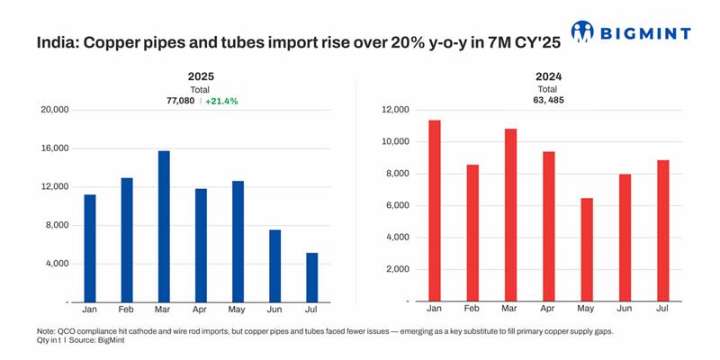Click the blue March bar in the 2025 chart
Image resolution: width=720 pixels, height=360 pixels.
[x=164, y=226]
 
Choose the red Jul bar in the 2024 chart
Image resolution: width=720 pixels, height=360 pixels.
[x=662, y=230]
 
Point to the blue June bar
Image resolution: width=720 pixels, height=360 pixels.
[x=275, y=265]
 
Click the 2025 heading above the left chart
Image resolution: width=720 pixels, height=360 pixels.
[x=201, y=77]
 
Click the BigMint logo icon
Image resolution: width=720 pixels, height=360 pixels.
[x=582, y=32]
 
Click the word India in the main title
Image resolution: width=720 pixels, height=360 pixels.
[x=54, y=43]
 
